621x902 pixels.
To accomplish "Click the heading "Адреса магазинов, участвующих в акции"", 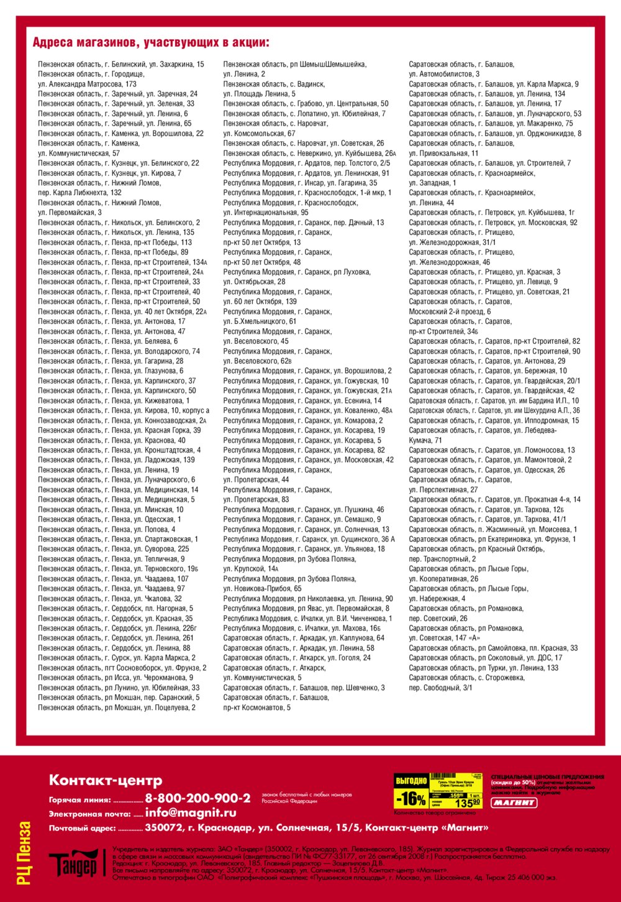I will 150,43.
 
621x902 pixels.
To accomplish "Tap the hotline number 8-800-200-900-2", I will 197,798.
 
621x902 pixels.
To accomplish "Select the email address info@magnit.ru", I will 191,812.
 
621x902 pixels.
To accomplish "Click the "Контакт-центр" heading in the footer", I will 106,780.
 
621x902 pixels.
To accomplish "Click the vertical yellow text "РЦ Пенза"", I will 24,853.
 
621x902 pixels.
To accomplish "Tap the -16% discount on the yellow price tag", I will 412,799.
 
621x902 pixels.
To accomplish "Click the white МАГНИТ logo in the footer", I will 514,803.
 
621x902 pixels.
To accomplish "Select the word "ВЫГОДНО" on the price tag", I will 411,780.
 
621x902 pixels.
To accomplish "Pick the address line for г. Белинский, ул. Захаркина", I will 120,64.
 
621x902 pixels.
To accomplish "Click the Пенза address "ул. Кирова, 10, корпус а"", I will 124,410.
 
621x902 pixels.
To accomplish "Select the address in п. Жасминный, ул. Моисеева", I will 492,529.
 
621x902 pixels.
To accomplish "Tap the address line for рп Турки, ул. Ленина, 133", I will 483,668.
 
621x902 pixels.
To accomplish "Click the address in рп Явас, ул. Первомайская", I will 306,609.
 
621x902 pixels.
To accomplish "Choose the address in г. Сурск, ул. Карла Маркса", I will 116,658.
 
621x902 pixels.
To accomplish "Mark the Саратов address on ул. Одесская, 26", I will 486,470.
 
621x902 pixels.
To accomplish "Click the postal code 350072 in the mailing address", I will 163,827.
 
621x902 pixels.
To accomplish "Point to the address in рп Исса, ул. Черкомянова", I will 115,678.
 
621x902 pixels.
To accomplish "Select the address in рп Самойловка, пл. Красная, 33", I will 492,648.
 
